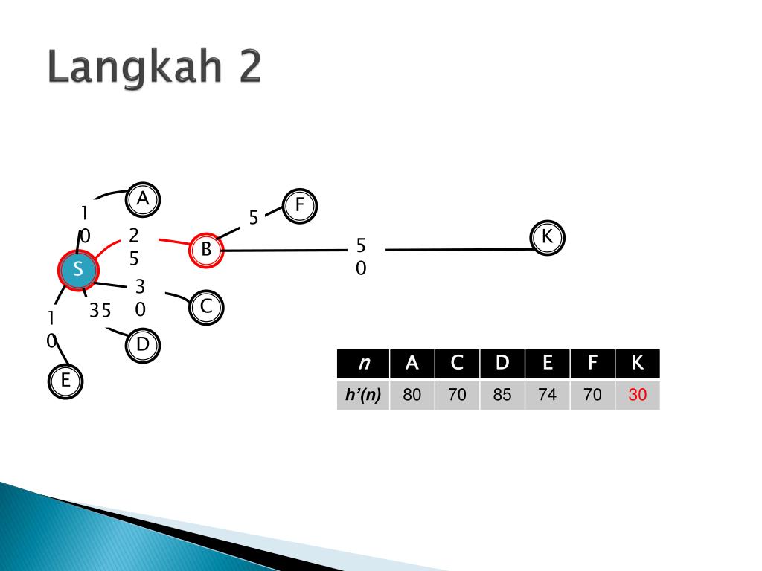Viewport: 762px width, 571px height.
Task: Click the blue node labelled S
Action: (77, 270)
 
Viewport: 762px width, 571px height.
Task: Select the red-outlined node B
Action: (206, 250)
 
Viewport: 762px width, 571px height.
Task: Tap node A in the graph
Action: (143, 199)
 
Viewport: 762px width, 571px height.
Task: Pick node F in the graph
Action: (300, 206)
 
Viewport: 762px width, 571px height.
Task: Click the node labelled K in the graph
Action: (547, 237)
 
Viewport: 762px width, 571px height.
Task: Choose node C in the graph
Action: (206, 307)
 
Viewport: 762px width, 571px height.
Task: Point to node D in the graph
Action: (143, 345)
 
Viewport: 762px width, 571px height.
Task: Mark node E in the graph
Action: (65, 381)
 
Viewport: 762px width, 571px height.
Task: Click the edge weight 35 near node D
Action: (100, 310)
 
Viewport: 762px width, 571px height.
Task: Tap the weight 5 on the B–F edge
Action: (253, 218)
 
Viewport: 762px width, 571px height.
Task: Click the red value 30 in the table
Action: (637, 394)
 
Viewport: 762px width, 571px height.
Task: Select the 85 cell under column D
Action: (502, 395)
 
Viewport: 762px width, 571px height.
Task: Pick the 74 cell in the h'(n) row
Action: (547, 395)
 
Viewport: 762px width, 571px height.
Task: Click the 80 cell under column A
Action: (412, 395)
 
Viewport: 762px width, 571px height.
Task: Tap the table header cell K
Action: (638, 364)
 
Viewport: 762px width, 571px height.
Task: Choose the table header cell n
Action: (363, 364)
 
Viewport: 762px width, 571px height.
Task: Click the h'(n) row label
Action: (363, 395)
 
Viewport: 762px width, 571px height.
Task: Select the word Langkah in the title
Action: (135, 67)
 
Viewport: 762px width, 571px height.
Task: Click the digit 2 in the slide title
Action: (250, 66)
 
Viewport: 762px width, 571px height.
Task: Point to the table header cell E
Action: (547, 364)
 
